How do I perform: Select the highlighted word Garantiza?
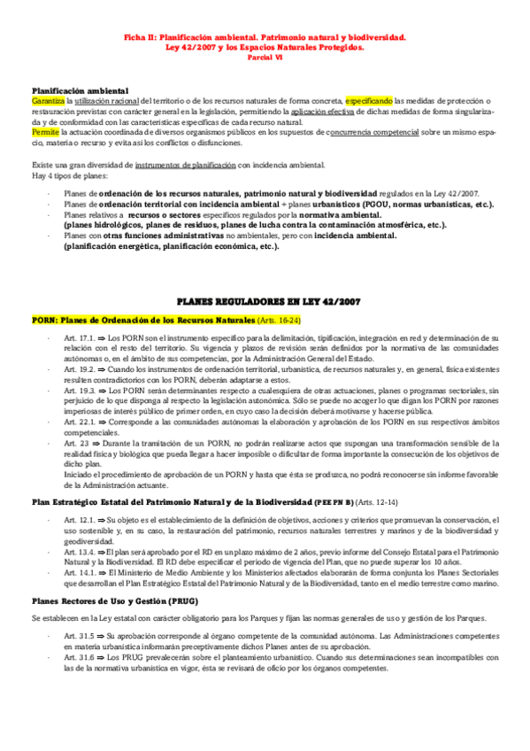click(x=47, y=101)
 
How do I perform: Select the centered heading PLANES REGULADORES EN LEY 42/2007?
click(x=265, y=302)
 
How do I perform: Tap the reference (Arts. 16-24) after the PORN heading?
click(x=279, y=319)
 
